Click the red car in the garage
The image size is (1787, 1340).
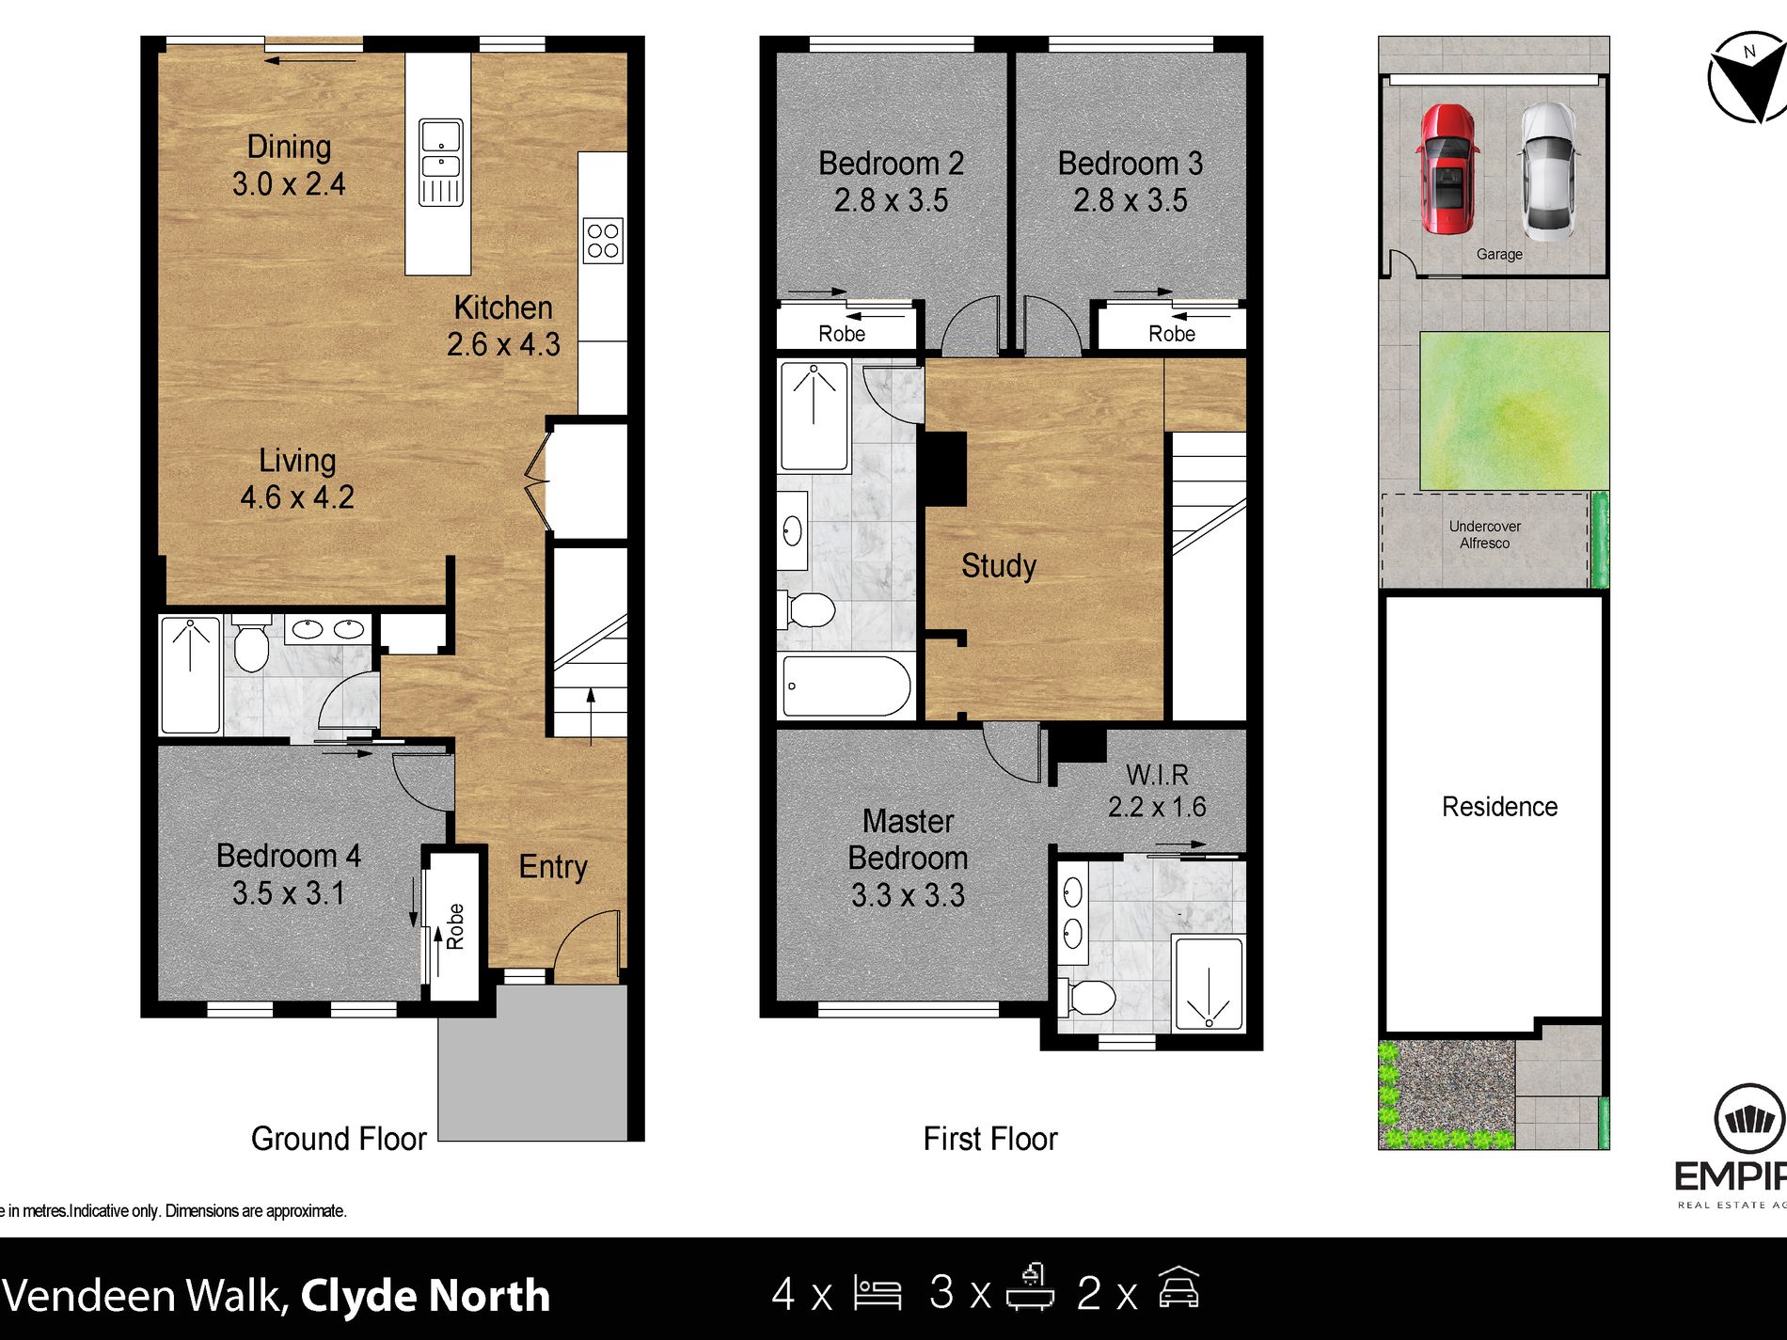pyautogui.click(x=1447, y=169)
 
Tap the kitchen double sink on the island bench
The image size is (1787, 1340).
pyautogui.click(x=440, y=162)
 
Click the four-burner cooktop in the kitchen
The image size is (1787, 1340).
pyautogui.click(x=603, y=241)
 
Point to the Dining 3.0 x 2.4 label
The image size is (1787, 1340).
pyautogui.click(x=289, y=166)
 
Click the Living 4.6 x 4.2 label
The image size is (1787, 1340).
pyautogui.click(x=297, y=479)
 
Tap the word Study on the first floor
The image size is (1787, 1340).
pyautogui.click(x=998, y=565)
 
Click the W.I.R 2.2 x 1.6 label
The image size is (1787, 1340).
pyautogui.click(x=1157, y=790)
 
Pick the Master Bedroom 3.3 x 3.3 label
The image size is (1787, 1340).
pyautogui.click(x=908, y=858)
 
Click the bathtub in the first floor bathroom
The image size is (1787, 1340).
pyautogui.click(x=846, y=686)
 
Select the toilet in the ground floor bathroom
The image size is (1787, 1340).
pyautogui.click(x=251, y=645)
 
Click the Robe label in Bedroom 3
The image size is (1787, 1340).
pyautogui.click(x=1171, y=334)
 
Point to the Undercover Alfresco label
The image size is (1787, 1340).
pyautogui.click(x=1484, y=534)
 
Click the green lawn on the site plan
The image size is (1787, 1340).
pyautogui.click(x=1512, y=411)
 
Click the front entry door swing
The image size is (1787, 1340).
pyautogui.click(x=588, y=945)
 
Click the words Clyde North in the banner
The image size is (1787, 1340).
pyautogui.click(x=424, y=1295)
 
